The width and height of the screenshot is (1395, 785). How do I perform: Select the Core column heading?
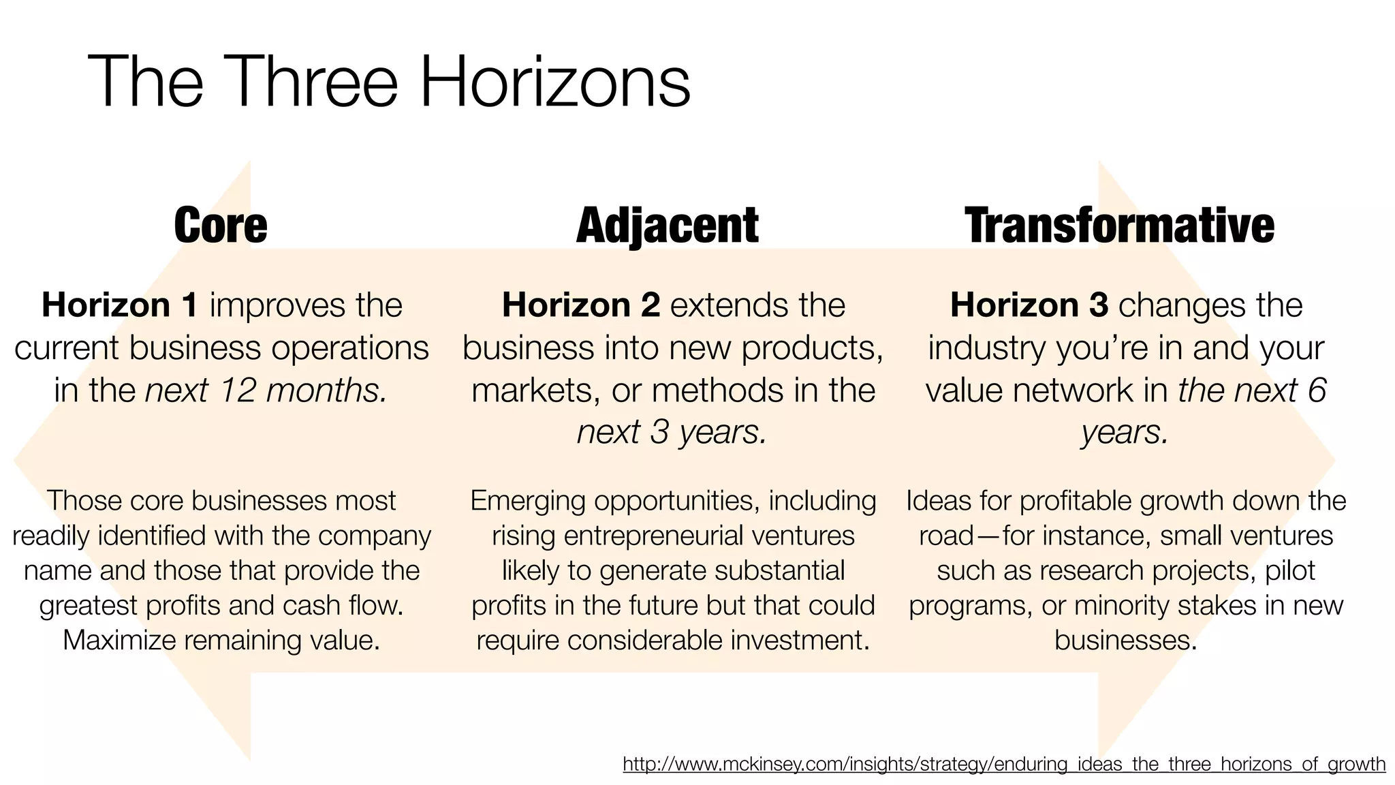pyautogui.click(x=221, y=226)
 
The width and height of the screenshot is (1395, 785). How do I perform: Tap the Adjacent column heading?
pyautogui.click(x=668, y=226)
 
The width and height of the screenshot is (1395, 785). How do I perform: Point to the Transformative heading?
pyautogui.click(x=1119, y=226)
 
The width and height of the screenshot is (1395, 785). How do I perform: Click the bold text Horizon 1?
pyautogui.click(x=120, y=305)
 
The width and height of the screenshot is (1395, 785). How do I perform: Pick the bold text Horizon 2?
pyautogui.click(x=581, y=305)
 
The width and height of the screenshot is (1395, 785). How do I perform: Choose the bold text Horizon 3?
pyautogui.click(x=1029, y=305)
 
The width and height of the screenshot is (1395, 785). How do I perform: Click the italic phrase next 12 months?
pyautogui.click(x=266, y=390)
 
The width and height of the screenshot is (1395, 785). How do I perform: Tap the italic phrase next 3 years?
pyautogui.click(x=672, y=432)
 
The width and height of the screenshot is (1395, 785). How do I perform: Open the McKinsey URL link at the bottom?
pyautogui.click(x=1004, y=765)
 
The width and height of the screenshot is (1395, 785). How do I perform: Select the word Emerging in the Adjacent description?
pyautogui.click(x=528, y=502)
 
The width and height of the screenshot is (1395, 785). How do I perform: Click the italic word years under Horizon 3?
pyautogui.click(x=1125, y=432)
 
